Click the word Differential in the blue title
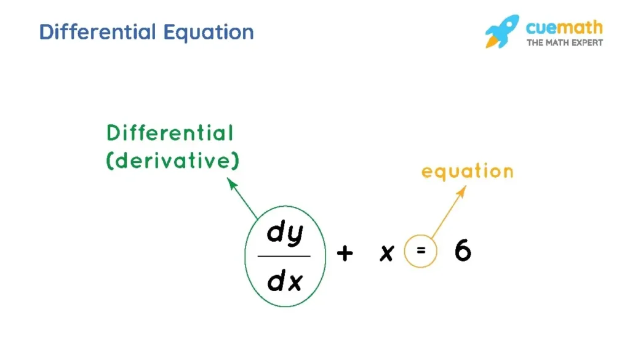tap(98, 32)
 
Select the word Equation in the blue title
tap(209, 33)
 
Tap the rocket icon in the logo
tap(502, 31)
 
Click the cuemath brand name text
tap(564, 28)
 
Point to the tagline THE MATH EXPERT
tap(565, 42)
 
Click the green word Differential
tap(170, 133)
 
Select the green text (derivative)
tap(172, 161)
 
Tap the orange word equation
tap(468, 172)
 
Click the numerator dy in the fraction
tap(285, 232)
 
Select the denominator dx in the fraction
tap(285, 280)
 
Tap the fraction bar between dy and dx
tap(284, 256)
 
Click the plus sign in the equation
tap(345, 253)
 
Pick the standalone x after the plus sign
tap(387, 253)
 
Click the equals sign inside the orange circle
tap(421, 250)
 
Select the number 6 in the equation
tap(463, 250)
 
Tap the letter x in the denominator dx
tap(295, 282)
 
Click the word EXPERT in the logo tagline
tap(588, 42)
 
